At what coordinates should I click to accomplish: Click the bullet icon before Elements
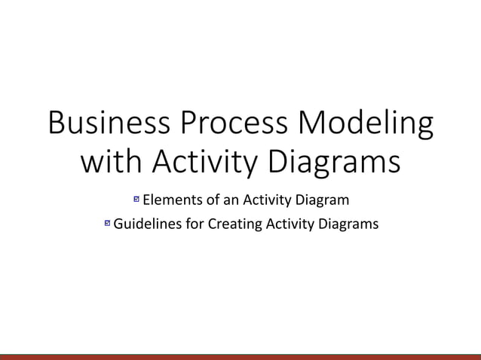coord(136,200)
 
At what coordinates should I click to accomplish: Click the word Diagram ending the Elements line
coord(323,201)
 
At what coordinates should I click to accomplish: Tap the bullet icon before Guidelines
coord(107,224)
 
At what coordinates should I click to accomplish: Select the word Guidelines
coord(146,224)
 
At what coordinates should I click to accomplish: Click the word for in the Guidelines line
coord(191,224)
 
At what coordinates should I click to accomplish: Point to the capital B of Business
coord(57,124)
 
